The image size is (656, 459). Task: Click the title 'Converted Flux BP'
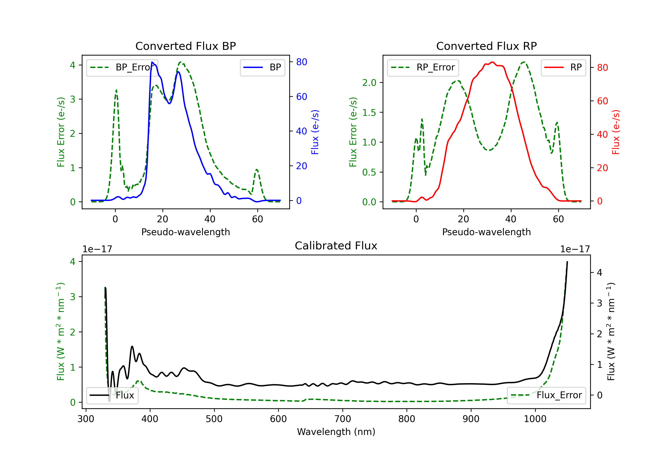coord(185,46)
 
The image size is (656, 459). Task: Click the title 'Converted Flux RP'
coord(486,46)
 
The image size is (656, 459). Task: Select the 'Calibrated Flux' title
coord(336,246)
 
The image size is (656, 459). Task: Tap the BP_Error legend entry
coord(122,67)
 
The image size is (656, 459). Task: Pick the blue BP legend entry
coord(262,67)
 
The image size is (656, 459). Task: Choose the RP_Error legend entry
coord(423,67)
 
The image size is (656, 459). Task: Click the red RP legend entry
coord(563,67)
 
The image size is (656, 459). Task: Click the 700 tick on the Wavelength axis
coord(343,419)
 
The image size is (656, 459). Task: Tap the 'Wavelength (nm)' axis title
coord(336,432)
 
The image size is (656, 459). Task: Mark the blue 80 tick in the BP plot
coord(302,62)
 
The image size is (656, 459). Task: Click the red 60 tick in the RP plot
coord(603,101)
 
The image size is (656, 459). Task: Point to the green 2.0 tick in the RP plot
coord(369,83)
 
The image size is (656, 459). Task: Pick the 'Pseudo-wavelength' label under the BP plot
coord(186,232)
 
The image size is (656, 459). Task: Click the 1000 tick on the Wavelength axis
coord(535,419)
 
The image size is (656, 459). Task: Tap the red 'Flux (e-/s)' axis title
coord(616,132)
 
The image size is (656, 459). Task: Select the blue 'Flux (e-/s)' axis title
coord(315,132)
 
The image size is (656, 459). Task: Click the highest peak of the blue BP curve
coord(152,62)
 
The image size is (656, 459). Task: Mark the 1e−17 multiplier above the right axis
coord(575,249)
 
